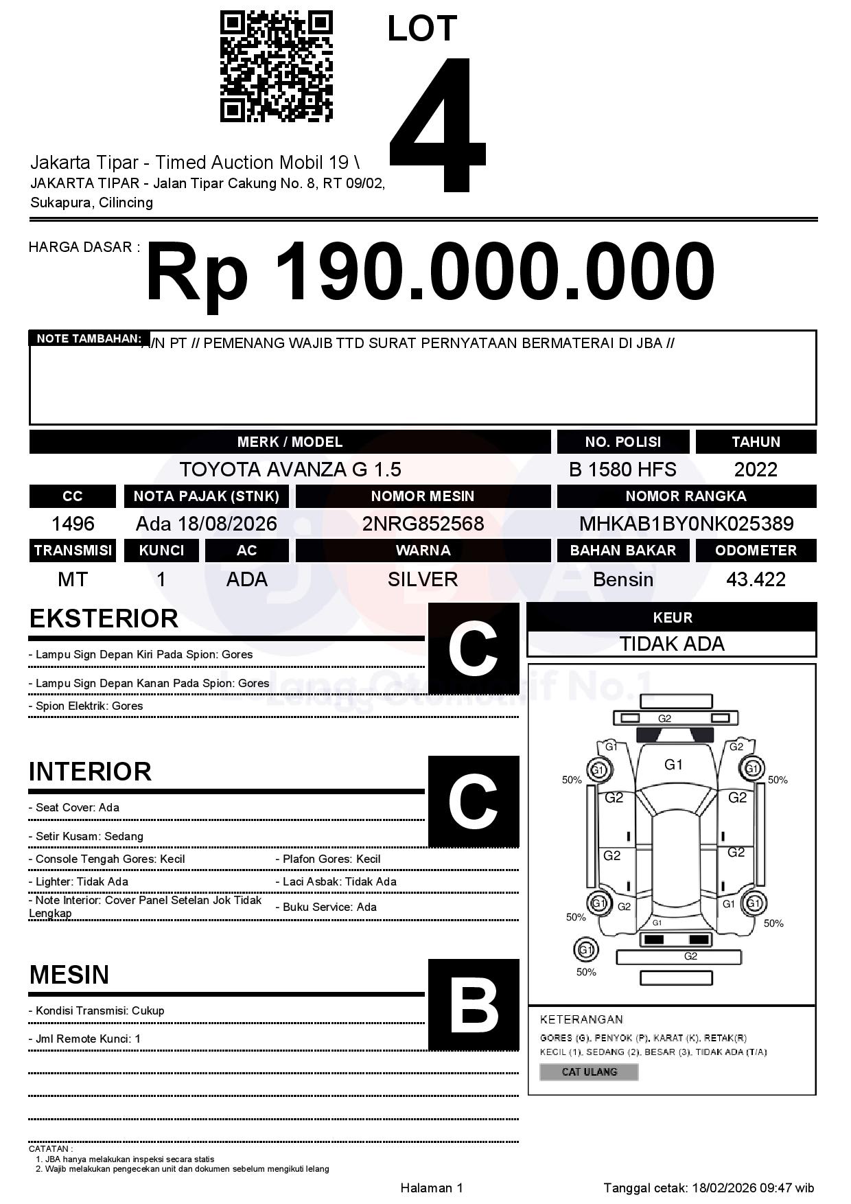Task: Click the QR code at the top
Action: pos(276,67)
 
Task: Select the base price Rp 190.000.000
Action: pos(430,272)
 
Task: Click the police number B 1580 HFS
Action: pos(622,470)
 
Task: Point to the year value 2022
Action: pos(756,470)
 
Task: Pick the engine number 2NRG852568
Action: pos(423,524)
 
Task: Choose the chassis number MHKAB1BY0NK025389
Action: pos(686,524)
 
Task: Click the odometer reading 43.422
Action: pos(756,579)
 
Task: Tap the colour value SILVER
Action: pos(423,579)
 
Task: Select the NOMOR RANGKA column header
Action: pos(686,496)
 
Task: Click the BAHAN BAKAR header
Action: pos(622,551)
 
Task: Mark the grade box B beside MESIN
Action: pos(474,1004)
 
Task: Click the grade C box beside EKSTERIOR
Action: pos(474,649)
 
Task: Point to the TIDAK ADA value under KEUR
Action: pos(672,644)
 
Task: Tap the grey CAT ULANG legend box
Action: pos(589,1072)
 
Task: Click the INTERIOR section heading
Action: pos(90,772)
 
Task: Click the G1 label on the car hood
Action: pos(673,765)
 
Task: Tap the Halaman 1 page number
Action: pos(432,1188)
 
